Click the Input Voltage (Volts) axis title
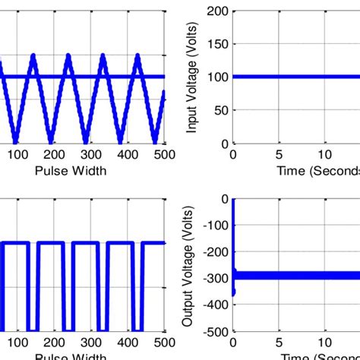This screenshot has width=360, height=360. click(192, 77)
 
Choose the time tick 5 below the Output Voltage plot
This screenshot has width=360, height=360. click(280, 343)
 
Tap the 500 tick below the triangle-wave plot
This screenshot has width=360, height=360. click(165, 154)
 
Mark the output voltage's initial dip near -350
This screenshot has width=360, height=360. click(233, 292)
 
